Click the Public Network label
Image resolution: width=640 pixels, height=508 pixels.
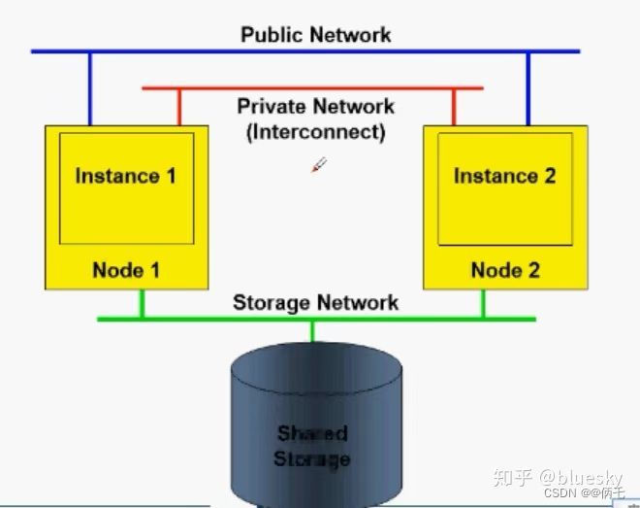(x=315, y=35)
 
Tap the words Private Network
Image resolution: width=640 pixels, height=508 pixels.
(x=315, y=106)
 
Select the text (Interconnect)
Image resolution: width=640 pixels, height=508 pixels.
(x=315, y=132)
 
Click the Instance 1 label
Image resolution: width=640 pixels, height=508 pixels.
(x=126, y=176)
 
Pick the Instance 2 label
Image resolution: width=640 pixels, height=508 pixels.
(x=504, y=176)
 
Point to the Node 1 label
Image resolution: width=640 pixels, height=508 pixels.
(x=126, y=270)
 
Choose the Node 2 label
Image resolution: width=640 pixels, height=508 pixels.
(x=505, y=270)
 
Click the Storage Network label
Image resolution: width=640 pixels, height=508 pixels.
(x=315, y=302)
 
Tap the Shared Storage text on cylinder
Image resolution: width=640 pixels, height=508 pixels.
(x=312, y=446)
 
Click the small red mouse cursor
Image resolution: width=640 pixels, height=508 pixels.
(x=318, y=165)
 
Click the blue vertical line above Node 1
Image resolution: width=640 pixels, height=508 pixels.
(x=90, y=87)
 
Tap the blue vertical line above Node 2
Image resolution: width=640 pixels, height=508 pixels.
(x=528, y=87)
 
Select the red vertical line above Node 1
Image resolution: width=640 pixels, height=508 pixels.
(x=178, y=107)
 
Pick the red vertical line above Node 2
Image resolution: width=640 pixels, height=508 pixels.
(x=452, y=107)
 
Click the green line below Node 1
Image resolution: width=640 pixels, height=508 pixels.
(x=143, y=303)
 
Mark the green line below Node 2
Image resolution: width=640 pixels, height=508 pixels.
(x=482, y=303)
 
